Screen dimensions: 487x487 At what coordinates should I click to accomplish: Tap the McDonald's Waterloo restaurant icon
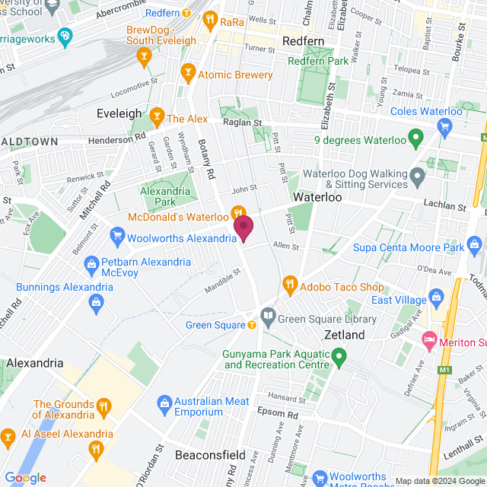237,212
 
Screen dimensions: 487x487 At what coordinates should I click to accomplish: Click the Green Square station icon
252,325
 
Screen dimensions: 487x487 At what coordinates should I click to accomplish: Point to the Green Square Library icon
268,314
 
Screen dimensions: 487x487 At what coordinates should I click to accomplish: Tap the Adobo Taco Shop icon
289,286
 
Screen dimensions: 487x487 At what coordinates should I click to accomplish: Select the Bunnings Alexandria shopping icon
97,303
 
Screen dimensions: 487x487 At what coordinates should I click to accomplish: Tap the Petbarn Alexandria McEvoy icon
91,262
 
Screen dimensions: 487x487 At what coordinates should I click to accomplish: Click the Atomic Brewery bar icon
187,74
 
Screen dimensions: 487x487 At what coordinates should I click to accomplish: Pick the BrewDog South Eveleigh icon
143,56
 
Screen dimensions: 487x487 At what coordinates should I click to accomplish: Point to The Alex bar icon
157,117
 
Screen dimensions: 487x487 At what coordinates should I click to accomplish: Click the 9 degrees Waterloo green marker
415,138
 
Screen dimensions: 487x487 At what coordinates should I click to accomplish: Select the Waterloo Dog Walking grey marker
417,178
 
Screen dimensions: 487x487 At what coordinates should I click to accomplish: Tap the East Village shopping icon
436,296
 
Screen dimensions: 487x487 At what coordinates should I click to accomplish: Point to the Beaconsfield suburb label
210,455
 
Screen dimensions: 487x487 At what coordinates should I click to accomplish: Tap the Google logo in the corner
25,477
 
